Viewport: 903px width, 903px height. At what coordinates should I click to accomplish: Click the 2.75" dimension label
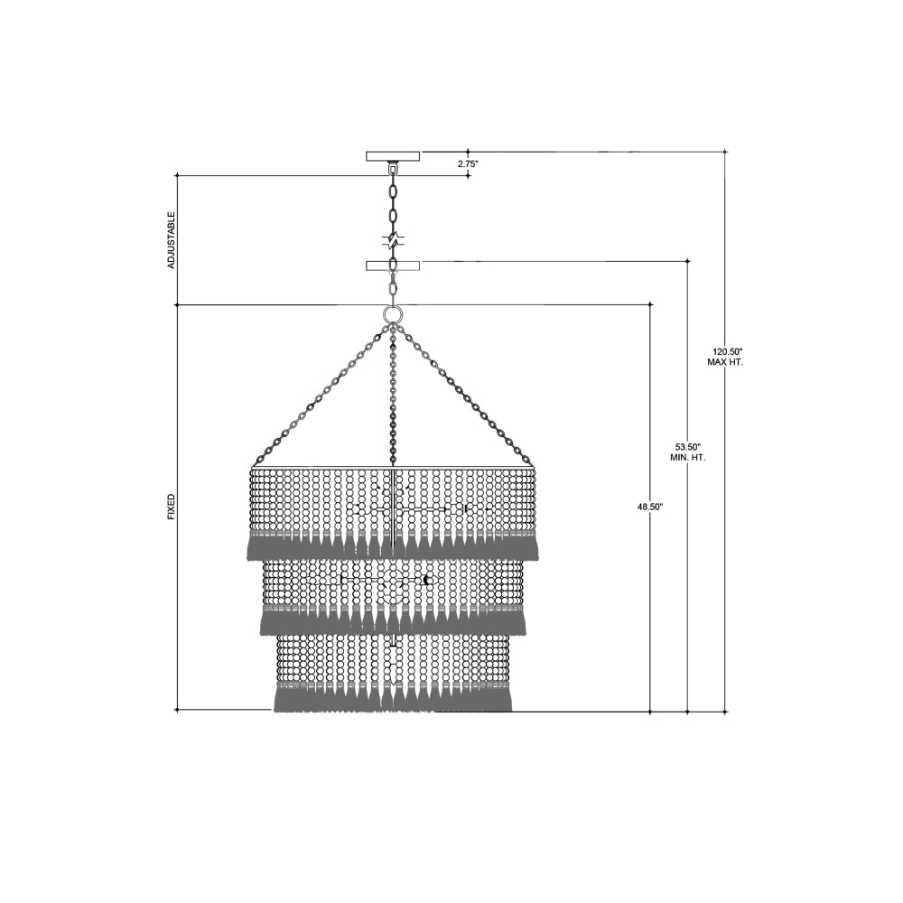(468, 163)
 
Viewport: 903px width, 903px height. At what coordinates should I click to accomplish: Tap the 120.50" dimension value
(724, 351)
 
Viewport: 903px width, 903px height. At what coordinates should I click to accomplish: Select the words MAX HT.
(724, 362)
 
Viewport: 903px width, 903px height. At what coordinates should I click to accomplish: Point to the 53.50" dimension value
(687, 447)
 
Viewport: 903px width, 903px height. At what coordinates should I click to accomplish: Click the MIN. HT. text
(687, 458)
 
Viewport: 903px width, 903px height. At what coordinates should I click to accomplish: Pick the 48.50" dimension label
(650, 507)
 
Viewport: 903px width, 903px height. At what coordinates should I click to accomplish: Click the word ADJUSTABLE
(171, 240)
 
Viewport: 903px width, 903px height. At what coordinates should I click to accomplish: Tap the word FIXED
(171, 507)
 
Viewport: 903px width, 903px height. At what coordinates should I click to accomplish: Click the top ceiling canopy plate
(393, 156)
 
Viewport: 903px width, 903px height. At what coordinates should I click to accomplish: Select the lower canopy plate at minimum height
(393, 265)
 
